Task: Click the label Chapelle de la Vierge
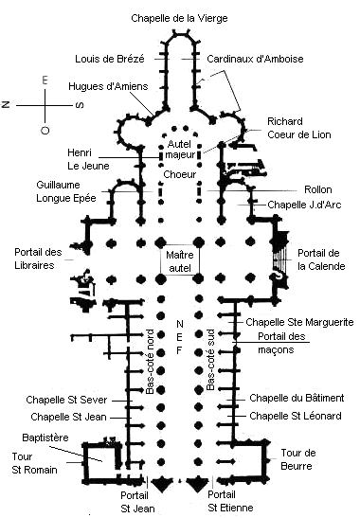coord(179,18)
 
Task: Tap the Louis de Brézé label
coord(110,59)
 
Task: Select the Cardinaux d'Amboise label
coord(255,59)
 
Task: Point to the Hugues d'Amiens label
coord(108,86)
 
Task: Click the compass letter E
coord(45,80)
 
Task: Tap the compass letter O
coord(45,130)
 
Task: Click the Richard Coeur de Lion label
coord(298,128)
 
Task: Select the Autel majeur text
coord(180,150)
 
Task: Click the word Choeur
coord(180,174)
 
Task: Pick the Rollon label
coord(317,189)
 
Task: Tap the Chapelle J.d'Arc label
coord(304,205)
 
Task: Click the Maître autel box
coord(180,261)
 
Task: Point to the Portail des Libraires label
coord(38,259)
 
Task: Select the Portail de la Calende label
coord(321,259)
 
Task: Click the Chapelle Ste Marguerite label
coord(299,322)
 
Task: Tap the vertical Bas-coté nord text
coord(150,362)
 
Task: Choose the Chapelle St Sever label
coord(66,400)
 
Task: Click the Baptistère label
coord(45,438)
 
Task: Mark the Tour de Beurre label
coord(298,459)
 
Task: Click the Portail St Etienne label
coord(230,501)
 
